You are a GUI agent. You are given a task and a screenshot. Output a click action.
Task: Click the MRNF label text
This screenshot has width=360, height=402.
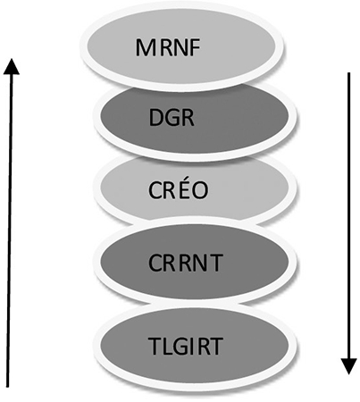168,47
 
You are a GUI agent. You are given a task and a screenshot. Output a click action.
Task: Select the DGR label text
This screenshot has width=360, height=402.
172,118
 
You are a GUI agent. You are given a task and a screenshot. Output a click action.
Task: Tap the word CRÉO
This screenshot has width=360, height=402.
178,188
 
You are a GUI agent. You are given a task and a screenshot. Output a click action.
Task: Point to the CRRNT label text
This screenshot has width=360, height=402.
185,263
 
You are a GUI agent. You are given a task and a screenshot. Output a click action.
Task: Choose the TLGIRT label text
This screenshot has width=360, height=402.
185,346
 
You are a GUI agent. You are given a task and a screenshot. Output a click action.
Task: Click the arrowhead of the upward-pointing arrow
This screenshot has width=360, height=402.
12,66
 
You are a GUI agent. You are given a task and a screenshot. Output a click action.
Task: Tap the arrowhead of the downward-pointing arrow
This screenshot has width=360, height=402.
348,366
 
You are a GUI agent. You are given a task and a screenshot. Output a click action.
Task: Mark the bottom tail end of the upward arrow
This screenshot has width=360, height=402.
8,387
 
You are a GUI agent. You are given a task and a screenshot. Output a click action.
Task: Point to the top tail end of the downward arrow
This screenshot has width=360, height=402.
349,73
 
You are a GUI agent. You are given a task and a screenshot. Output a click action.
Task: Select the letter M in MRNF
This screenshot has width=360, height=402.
145,47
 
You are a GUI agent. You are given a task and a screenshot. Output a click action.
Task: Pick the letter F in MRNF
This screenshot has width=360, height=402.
195,47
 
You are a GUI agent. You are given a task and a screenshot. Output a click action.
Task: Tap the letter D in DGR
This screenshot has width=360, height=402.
156,118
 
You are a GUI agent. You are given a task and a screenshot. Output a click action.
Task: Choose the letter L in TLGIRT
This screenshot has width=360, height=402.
167,346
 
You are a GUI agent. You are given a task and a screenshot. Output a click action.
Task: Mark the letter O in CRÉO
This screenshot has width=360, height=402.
200,189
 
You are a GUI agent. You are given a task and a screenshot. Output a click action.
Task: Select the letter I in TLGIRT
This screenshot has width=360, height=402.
193,346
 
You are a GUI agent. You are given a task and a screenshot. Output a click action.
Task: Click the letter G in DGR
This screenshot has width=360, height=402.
172,118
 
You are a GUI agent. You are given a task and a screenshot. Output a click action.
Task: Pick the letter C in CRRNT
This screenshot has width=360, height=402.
155,263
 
